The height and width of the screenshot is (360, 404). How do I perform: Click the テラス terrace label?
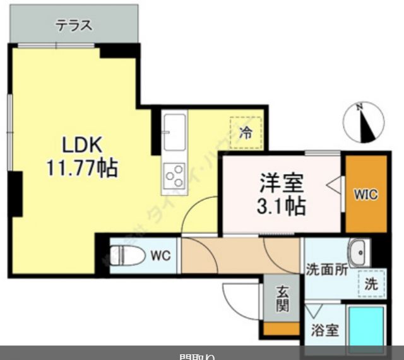tap(74, 26)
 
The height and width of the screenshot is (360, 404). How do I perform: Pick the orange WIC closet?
tap(365, 194)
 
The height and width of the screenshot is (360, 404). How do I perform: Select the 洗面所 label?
tap(327, 270)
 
